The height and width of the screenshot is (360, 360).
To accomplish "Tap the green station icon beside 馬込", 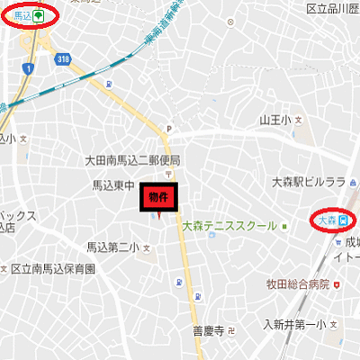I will click(x=39, y=15).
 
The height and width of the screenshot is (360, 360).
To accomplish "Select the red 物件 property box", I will click(x=158, y=196).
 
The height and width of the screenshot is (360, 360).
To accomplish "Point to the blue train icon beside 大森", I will click(x=342, y=219).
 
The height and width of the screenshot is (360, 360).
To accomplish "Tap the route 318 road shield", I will click(x=62, y=58).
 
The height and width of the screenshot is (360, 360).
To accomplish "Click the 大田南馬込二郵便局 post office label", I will click(x=132, y=160).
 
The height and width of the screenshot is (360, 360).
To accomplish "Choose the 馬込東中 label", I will click(x=113, y=185).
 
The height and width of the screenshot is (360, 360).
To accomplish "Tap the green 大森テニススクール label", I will click(x=229, y=226).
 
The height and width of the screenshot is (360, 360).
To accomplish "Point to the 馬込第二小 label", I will click(x=112, y=247).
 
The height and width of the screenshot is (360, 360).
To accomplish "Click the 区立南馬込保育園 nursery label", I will click(x=54, y=268).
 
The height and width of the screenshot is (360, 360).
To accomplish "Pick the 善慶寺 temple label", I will click(x=207, y=330).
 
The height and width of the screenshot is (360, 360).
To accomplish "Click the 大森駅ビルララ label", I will click(x=309, y=182).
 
